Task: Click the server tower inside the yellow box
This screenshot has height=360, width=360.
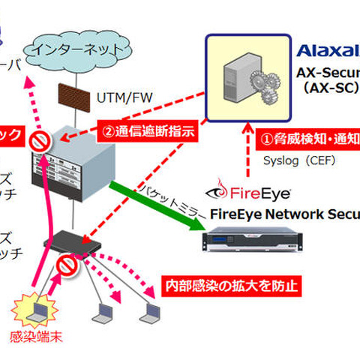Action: [238, 77]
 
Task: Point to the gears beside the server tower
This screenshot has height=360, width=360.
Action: [265, 87]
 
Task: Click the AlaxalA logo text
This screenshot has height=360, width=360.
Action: [328, 50]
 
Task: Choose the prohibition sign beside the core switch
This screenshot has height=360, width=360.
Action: [37, 142]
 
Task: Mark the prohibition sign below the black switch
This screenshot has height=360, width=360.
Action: [64, 266]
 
